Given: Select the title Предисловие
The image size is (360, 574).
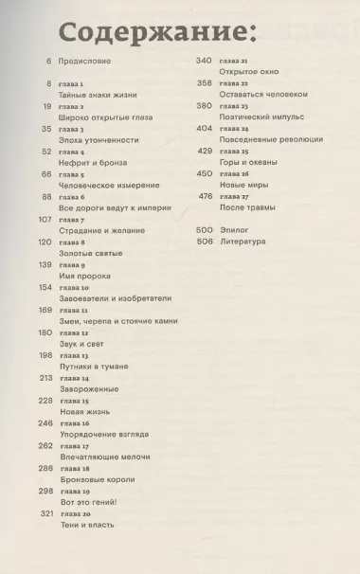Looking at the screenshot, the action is pyautogui.click(x=85, y=62).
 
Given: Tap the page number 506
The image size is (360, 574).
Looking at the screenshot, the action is pyautogui.click(x=205, y=242).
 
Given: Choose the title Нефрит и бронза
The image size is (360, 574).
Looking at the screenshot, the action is pyautogui.click(x=93, y=162).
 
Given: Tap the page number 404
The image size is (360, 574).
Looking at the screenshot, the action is pyautogui.click(x=205, y=128).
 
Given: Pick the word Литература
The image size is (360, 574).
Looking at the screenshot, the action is pyautogui.click(x=243, y=242).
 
